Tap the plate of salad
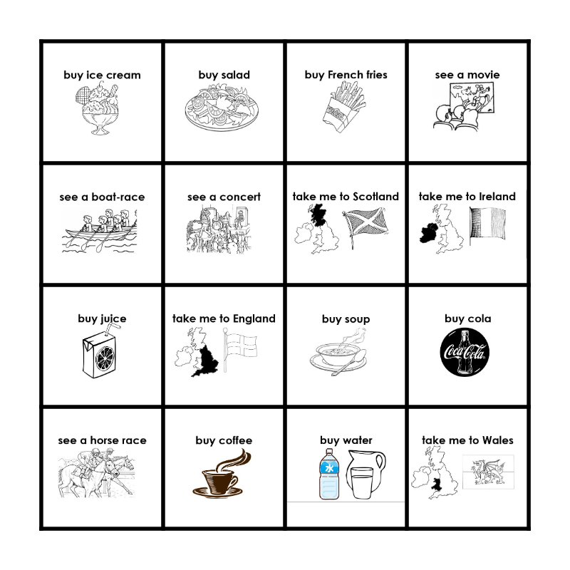click(222, 108)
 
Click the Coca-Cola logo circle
click(465, 352)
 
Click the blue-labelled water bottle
click(329, 474)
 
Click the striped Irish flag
click(487, 225)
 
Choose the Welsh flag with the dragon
click(488, 472)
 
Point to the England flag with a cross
click(240, 348)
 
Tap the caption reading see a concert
click(224, 197)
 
